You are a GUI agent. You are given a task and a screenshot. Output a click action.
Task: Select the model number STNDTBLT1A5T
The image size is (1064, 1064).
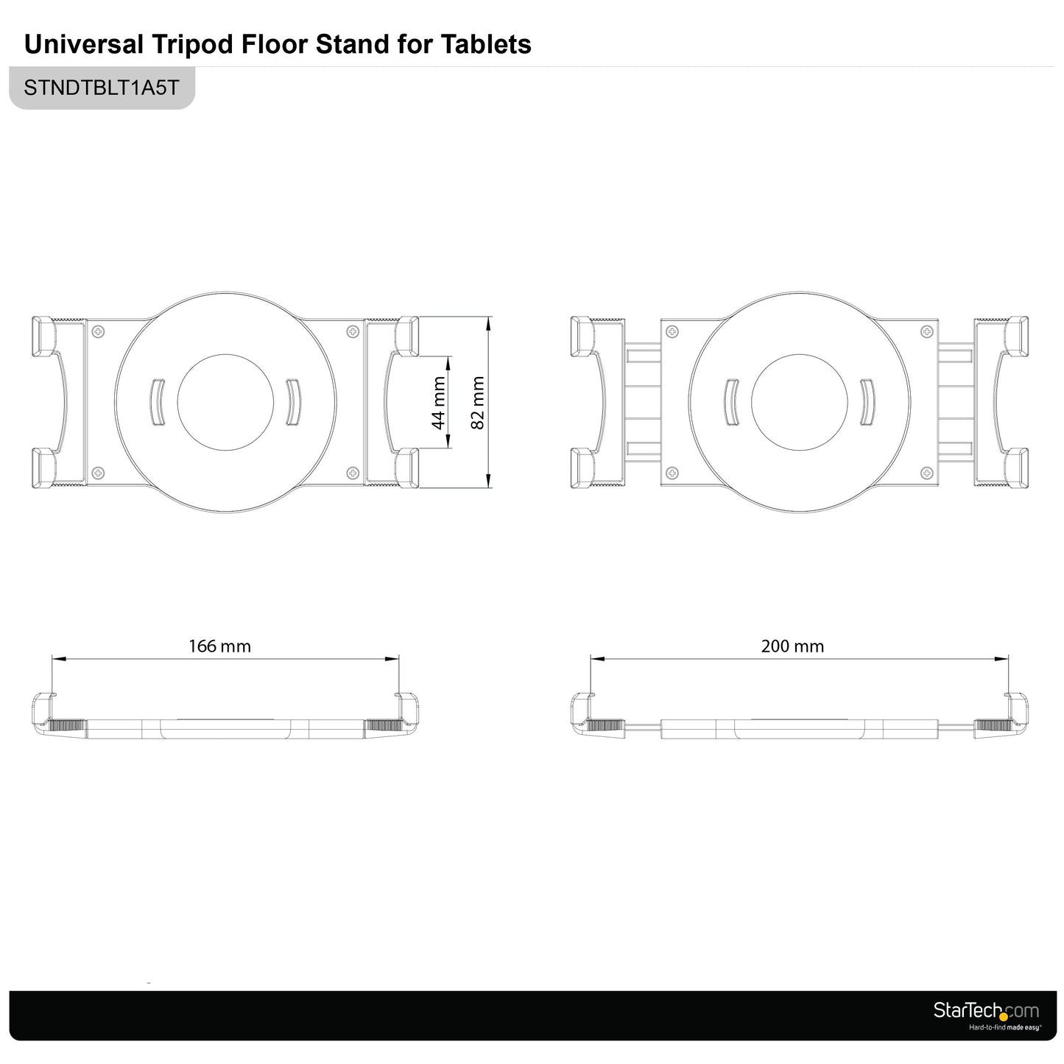tap(102, 88)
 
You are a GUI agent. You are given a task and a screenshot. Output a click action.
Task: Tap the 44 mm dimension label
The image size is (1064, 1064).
tap(438, 403)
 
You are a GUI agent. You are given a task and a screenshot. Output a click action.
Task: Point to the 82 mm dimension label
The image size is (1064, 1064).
tap(478, 403)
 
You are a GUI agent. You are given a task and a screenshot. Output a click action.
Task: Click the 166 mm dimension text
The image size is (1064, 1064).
tap(219, 646)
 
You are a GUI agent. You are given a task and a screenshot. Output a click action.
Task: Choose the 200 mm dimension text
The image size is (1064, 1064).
tap(792, 646)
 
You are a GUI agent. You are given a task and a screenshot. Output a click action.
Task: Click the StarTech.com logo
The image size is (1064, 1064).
tap(986, 1011)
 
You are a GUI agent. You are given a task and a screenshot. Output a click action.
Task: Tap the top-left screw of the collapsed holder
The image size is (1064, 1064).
tap(98, 332)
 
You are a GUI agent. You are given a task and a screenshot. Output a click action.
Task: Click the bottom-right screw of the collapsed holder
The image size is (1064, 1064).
tap(353, 473)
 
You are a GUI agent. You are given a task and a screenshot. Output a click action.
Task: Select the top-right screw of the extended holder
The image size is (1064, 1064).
tap(927, 332)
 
